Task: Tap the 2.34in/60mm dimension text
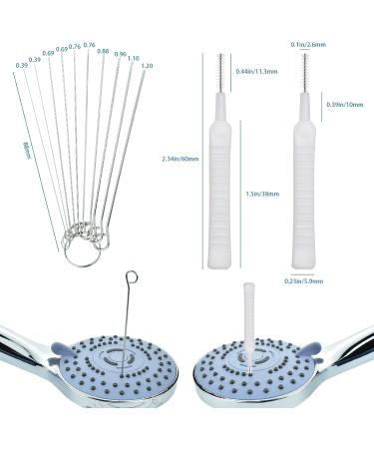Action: tap(181, 158)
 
